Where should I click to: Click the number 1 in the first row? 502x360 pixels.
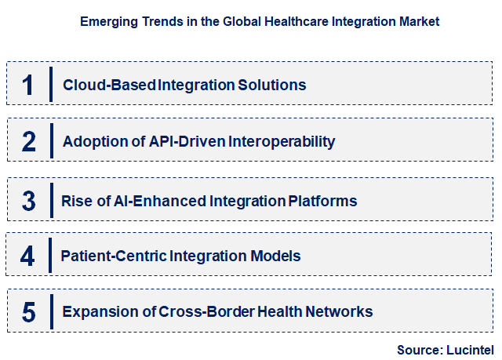pyautogui.click(x=28, y=85)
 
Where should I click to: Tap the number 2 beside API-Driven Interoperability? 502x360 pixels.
pyautogui.click(x=29, y=142)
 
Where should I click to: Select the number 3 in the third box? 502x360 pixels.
pyautogui.click(x=29, y=201)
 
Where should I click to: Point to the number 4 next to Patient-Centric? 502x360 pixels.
pyautogui.click(x=28, y=256)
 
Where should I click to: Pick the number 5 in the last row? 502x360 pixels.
pyautogui.click(x=29, y=312)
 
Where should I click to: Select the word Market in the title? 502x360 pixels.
pyautogui.click(x=417, y=22)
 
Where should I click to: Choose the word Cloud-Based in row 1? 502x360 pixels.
pyautogui.click(x=110, y=85)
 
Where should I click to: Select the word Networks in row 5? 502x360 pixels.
pyautogui.click(x=339, y=312)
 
